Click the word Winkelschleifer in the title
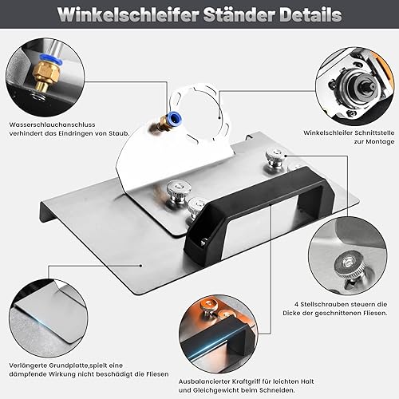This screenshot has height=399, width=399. (128, 14)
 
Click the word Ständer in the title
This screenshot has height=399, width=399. (239, 14)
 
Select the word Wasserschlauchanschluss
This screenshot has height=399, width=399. (52, 124)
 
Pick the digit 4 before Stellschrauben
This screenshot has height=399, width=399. (296, 304)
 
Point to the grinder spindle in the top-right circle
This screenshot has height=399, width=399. (366, 86)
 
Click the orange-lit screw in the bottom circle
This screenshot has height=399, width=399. (209, 305)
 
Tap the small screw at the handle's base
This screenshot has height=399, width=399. (204, 242)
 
